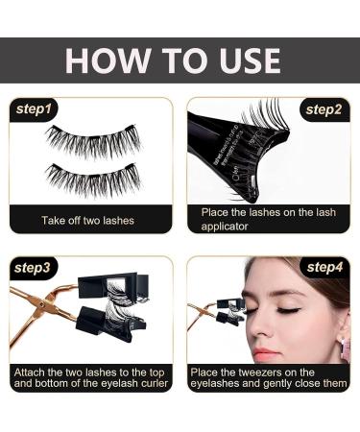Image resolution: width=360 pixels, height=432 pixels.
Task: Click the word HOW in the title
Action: (104, 60)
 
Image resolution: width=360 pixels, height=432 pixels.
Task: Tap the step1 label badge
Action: (36, 108)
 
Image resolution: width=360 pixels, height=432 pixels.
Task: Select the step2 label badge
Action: (324, 108)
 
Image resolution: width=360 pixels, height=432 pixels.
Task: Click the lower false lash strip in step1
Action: (92, 179)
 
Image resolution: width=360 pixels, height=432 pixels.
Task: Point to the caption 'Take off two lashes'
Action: (87, 220)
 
